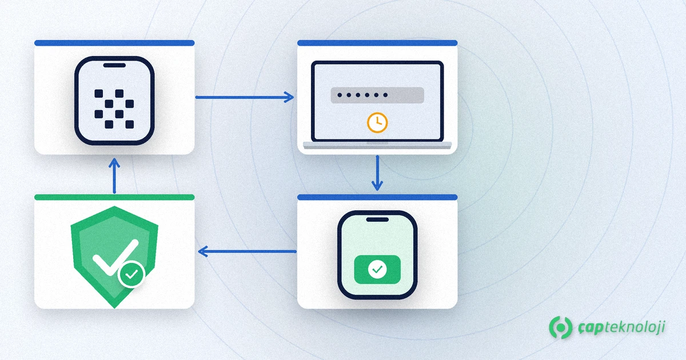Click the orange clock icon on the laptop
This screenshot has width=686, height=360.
pyautogui.click(x=377, y=123)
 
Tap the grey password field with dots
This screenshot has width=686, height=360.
pyautogui.click(x=377, y=95)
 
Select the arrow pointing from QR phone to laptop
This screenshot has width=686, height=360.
pyautogui.click(x=245, y=97)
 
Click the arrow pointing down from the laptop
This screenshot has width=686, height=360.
pyautogui.click(x=377, y=173)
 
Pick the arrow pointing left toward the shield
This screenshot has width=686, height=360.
pyautogui.click(x=247, y=251)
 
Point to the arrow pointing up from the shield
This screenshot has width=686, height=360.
pyautogui.click(x=114, y=176)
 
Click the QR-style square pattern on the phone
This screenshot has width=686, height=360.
pyautogui.click(x=114, y=109)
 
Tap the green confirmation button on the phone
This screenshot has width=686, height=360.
pyautogui.click(x=377, y=269)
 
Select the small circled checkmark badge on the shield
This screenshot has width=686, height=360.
pyautogui.click(x=131, y=274)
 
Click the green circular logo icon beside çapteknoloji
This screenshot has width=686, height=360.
pyautogui.click(x=560, y=327)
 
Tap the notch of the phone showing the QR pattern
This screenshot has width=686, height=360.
pyautogui.click(x=114, y=65)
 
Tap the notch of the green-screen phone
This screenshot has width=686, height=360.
pyautogui.click(x=377, y=219)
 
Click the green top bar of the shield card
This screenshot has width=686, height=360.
pyautogui.click(x=114, y=197)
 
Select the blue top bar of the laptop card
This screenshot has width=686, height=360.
pyautogui.click(x=377, y=43)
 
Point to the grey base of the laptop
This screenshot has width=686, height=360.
pyautogui.click(x=377, y=145)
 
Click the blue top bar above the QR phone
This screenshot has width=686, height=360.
pyautogui.click(x=114, y=43)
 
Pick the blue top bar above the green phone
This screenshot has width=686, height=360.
pyautogui.click(x=377, y=197)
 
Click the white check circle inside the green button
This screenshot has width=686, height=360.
pyautogui.click(x=377, y=269)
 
